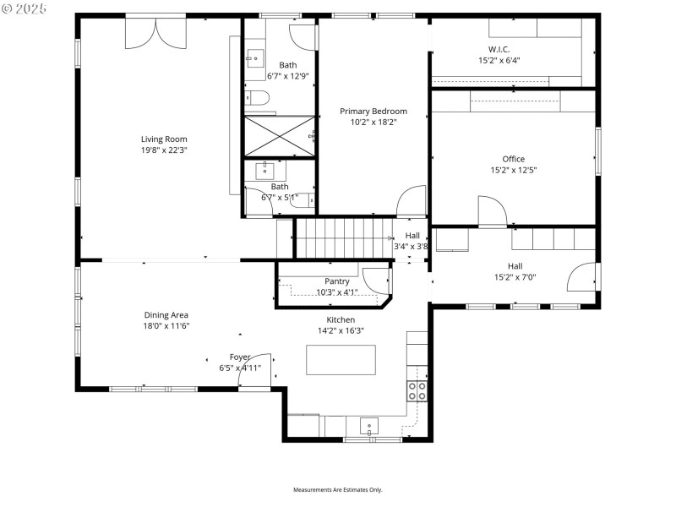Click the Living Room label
164,139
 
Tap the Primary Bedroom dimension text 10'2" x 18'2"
373,122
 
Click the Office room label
513,159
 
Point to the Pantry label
336,281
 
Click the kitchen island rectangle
341,360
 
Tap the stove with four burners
417,390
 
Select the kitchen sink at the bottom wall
368,427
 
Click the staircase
342,237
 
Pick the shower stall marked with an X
279,136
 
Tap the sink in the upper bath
255,57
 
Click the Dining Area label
166,315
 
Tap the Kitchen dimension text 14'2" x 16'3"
341,330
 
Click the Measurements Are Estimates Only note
338,490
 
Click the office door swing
492,211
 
